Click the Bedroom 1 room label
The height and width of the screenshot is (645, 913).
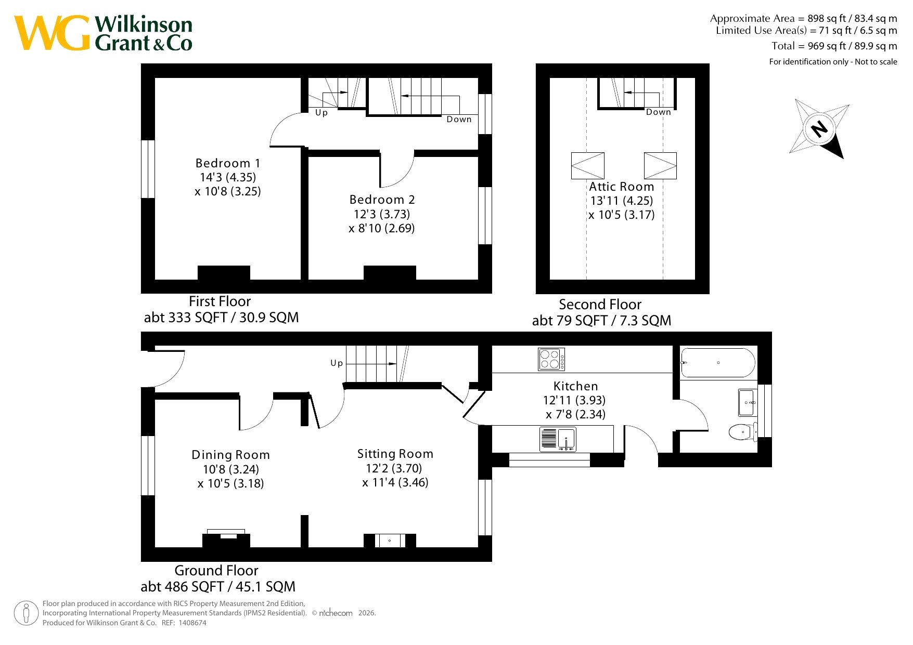click(x=228, y=163)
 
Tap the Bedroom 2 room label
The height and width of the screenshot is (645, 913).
click(x=382, y=200)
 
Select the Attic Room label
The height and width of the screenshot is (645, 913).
click(x=621, y=187)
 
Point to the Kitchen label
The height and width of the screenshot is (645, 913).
click(x=575, y=386)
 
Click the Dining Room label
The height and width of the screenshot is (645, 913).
click(x=230, y=455)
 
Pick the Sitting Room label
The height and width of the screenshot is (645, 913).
click(x=395, y=454)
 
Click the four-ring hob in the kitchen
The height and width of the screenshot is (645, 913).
click(x=551, y=359)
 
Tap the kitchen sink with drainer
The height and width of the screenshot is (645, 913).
click(x=558, y=439)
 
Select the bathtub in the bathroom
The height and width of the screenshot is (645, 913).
click(x=718, y=362)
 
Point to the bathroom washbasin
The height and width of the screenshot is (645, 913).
click(x=748, y=402)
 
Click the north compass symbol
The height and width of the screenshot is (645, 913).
click(x=819, y=128)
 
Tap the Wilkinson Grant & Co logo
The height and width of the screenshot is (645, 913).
click(x=103, y=33)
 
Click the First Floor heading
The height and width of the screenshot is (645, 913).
click(x=220, y=301)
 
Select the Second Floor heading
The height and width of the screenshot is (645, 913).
click(x=600, y=305)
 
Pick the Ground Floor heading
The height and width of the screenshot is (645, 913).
click(x=216, y=571)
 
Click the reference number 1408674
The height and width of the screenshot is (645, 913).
click(x=192, y=623)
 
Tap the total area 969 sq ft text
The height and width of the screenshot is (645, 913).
click(x=834, y=46)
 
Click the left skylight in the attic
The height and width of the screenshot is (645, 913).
click(x=588, y=166)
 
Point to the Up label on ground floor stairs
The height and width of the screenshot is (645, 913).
click(x=337, y=363)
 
